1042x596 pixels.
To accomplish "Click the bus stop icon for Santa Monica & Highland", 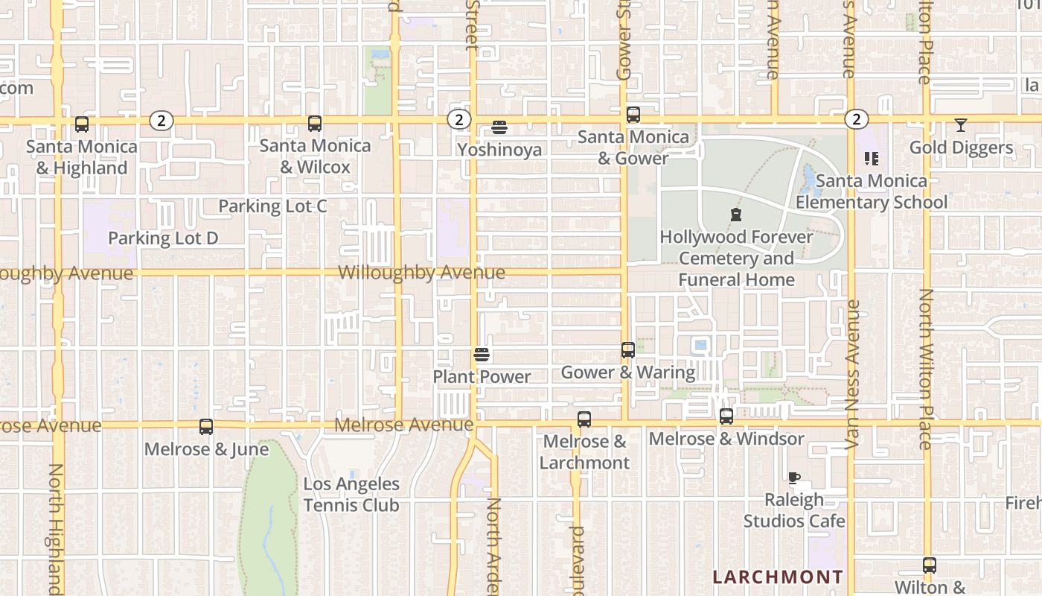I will pos(82,124).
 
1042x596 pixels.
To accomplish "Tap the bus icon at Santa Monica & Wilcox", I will pos(315,124).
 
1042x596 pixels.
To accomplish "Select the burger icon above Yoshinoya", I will pos(499,128).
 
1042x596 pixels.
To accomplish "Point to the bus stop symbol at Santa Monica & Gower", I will pos(633,115).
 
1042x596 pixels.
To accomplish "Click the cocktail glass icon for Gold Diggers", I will pos(961,125).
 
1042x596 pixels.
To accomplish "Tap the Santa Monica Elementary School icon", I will pos(871,159).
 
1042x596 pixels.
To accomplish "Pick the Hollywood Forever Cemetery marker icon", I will pos(736,215).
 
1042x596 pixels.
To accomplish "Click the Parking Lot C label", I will pos(272,206).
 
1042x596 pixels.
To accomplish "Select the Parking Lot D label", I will pos(163,238).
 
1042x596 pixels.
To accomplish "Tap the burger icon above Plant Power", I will pos(482,355).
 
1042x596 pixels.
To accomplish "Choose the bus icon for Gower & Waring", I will pos(628,350).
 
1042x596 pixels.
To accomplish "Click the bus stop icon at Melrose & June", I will pos(206,427).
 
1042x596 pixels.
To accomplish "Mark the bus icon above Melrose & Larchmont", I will pos(584,419).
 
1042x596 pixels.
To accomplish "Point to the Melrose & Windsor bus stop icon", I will pos(726,416).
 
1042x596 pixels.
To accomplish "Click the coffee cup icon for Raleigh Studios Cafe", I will pos(794,478).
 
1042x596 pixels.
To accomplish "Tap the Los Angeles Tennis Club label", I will pos(351,495).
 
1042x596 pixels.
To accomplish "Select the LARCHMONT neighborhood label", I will pos(778,577).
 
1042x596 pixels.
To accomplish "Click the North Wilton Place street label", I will pos(925,369).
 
